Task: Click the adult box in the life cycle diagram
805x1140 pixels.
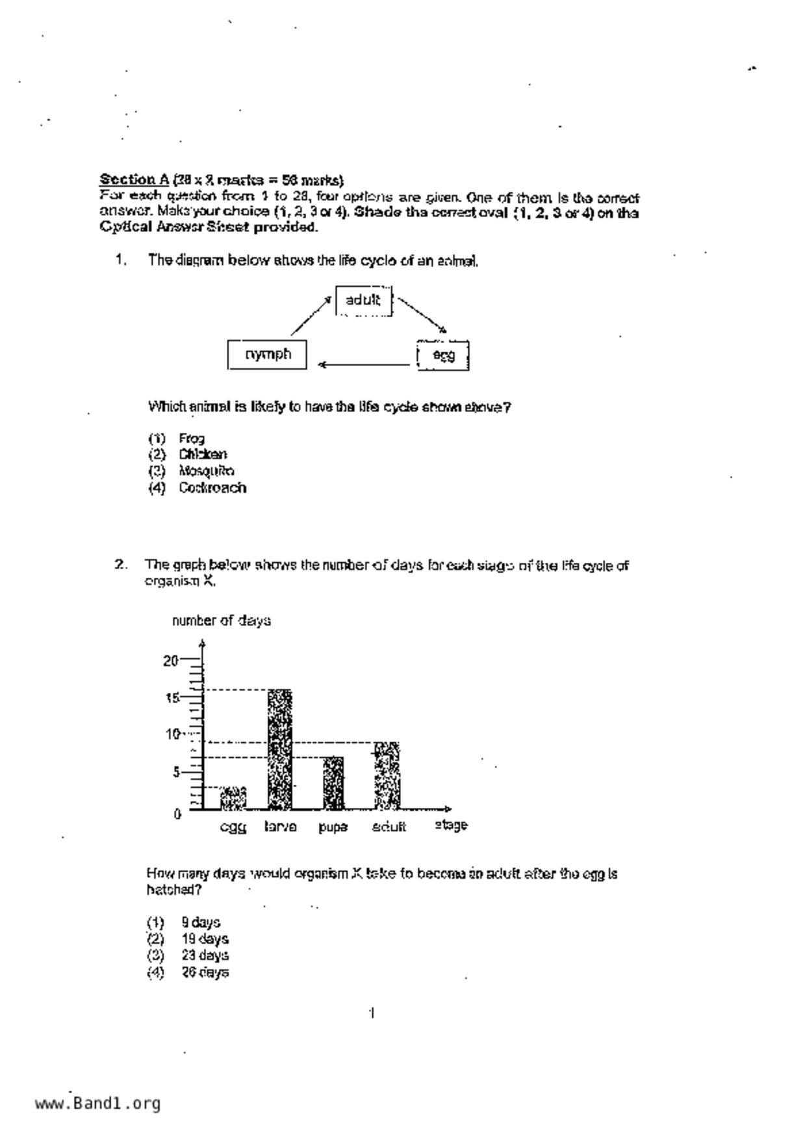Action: tap(364, 300)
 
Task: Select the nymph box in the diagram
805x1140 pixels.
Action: tap(267, 355)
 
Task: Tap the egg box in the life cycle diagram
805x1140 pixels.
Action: tap(442, 356)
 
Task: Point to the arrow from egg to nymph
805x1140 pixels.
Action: tap(364, 365)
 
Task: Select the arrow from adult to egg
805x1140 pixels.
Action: tap(422, 315)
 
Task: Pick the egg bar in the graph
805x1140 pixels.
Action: tap(233, 798)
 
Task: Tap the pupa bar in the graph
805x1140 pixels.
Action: tap(333, 783)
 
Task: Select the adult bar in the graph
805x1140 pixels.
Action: tap(387, 775)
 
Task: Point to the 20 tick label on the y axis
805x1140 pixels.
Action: tap(170, 661)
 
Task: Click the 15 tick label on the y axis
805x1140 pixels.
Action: tap(172, 698)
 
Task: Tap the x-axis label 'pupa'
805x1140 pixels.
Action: tap(333, 827)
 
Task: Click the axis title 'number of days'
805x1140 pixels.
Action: tap(222, 621)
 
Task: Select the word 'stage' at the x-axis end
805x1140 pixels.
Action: tap(451, 825)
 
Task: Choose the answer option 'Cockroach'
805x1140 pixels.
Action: tap(212, 487)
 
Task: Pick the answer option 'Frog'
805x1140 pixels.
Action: tap(192, 439)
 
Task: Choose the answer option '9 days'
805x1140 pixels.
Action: tap(201, 922)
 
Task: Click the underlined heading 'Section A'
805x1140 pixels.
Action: tap(134, 179)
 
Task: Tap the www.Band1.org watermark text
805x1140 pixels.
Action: tap(97, 1104)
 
